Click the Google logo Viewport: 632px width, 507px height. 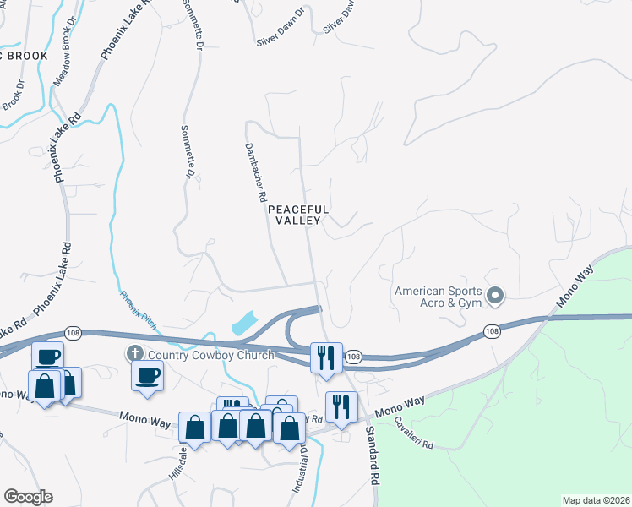click(28, 497)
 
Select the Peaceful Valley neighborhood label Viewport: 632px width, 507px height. click(297, 215)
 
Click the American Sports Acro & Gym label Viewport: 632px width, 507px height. click(438, 297)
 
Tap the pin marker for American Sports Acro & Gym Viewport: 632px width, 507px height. click(495, 296)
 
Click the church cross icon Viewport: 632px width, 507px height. click(134, 353)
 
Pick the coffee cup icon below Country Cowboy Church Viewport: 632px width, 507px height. click(147, 375)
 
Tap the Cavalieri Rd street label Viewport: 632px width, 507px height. click(412, 433)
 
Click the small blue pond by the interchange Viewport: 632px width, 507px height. click(242, 322)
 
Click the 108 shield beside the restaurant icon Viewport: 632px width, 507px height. click(354, 357)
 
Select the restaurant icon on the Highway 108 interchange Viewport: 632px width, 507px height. click(325, 357)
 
